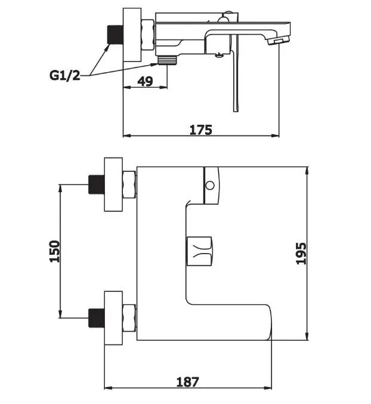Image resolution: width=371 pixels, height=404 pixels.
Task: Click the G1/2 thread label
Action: (65, 76)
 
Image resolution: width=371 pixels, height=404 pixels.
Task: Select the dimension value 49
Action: (145, 81)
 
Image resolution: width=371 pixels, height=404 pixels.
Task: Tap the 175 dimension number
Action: (201, 129)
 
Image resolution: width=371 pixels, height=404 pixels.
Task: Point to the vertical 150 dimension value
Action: (54, 251)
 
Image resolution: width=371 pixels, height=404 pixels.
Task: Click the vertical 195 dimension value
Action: (301, 253)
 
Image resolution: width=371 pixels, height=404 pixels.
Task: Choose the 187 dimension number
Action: (188, 382)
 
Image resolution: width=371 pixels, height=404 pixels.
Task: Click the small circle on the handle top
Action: (211, 185)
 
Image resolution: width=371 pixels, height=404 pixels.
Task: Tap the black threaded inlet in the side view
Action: (115, 35)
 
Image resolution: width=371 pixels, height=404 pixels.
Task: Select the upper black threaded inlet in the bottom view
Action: (97, 184)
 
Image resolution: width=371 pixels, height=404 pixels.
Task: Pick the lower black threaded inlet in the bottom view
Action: (97, 317)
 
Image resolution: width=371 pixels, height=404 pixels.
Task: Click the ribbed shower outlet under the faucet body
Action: (168, 60)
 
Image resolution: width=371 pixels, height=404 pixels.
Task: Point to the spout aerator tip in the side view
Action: (279, 41)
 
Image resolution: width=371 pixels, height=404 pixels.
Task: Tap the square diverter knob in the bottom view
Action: (199, 251)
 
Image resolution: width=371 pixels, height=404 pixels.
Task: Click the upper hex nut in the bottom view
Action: (129, 184)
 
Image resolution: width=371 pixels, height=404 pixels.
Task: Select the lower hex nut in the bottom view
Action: (129, 318)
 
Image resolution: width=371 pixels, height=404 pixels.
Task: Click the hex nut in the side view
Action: (148, 35)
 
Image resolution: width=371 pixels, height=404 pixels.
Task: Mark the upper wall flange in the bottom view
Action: (113, 184)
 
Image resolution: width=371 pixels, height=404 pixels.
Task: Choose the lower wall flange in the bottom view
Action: (113, 318)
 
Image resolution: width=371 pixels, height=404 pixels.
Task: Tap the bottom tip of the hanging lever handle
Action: (236, 112)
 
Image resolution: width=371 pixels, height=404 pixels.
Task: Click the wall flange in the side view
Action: (132, 35)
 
